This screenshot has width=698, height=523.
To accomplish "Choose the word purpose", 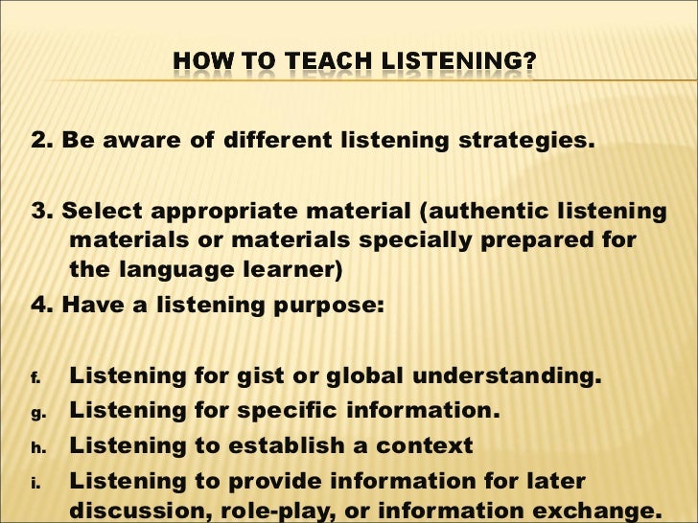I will [336, 307].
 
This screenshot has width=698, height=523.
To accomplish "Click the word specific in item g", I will [269, 412].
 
